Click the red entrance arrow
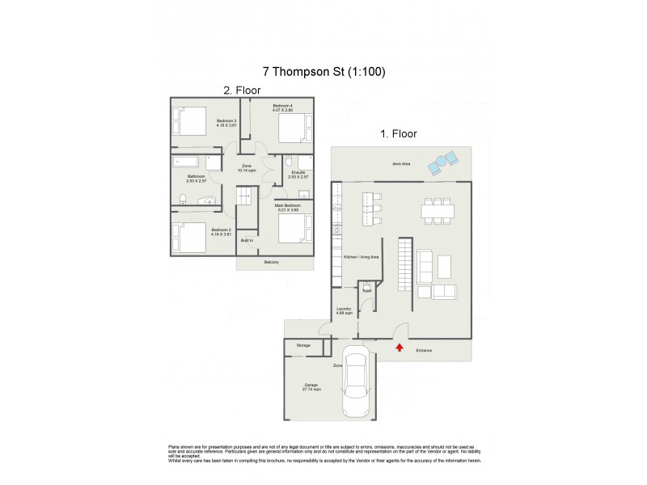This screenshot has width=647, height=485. [x=400, y=347]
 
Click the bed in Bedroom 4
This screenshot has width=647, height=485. [x=293, y=128]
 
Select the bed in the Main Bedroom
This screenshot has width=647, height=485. [x=293, y=229]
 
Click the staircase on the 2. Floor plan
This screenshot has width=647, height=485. [x=245, y=195]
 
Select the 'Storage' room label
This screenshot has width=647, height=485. [x=302, y=345]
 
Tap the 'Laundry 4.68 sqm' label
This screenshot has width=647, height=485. [x=345, y=312]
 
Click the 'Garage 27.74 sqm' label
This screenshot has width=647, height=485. [x=311, y=387]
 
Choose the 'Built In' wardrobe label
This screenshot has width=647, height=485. [x=246, y=240]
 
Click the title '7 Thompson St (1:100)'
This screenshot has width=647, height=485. [x=323, y=71]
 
